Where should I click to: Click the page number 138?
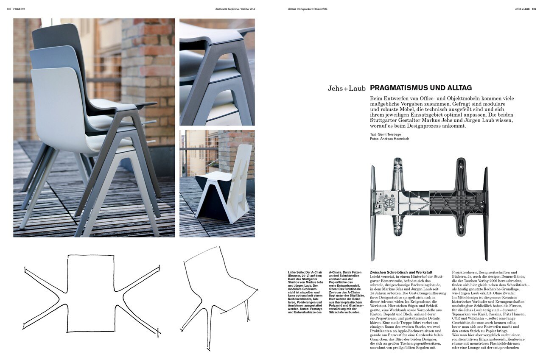pyautogui.click(x=9, y=8)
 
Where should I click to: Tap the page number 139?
pyautogui.click(x=534, y=8)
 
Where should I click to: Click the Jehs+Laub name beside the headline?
pyautogui.click(x=347, y=89)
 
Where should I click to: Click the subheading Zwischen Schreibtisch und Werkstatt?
pyautogui.click(x=401, y=272)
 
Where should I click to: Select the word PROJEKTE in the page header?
pyautogui.click(x=20, y=8)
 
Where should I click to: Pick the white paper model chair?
pyautogui.click(x=225, y=187)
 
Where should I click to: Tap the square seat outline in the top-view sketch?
pyautogui.click(x=90, y=293)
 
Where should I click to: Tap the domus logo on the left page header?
pyautogui.click(x=219, y=8)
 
